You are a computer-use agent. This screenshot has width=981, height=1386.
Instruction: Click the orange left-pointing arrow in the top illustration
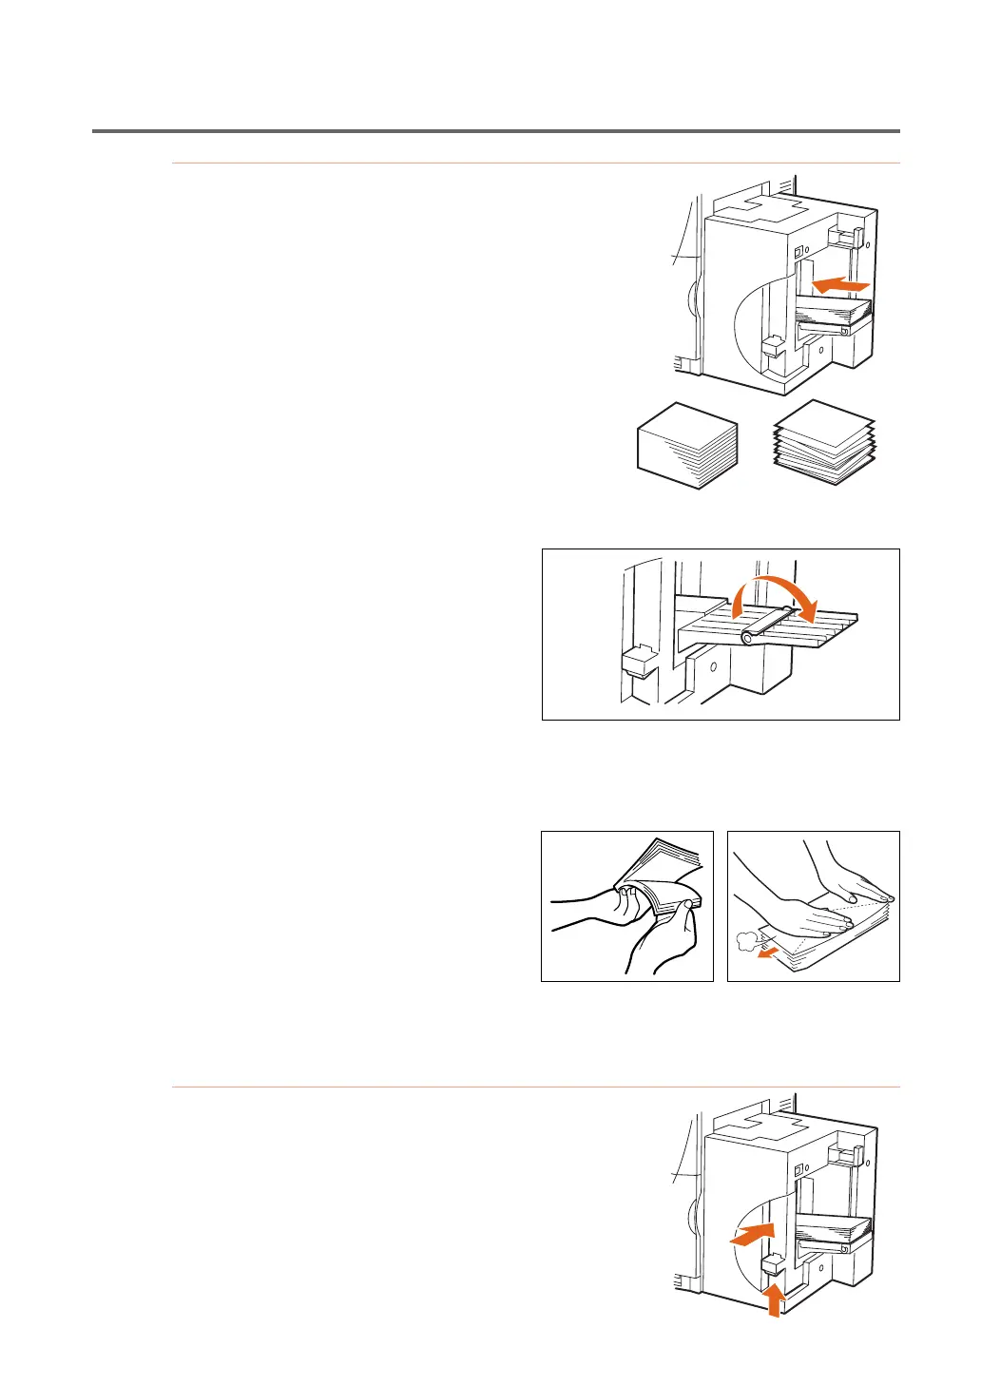point(841,283)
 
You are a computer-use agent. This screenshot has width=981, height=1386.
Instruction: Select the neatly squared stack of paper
point(686,445)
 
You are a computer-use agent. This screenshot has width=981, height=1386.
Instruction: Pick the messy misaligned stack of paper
point(824,442)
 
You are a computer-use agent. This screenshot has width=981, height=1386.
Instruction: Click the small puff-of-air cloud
point(748,941)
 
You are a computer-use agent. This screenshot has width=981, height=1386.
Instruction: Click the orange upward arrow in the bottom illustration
point(776,1299)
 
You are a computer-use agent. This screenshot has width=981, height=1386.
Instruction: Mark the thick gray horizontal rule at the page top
point(495,131)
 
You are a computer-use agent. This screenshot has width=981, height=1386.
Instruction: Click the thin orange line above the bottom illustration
point(535,1087)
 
